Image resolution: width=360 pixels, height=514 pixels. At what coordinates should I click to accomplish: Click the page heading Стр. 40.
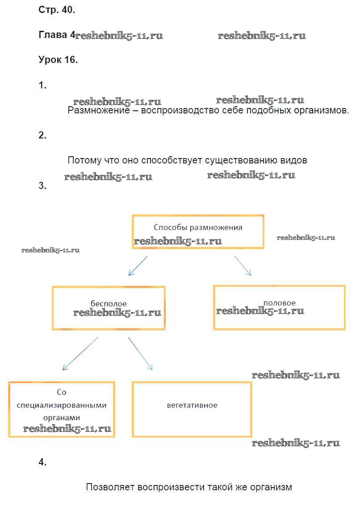pyautogui.click(x=57, y=10)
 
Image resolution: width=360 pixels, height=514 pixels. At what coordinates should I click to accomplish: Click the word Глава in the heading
pyautogui.click(x=52, y=34)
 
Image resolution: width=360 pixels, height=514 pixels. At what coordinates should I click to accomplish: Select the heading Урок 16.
pyautogui.click(x=58, y=60)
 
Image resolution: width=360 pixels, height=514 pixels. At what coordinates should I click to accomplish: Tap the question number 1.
pyautogui.click(x=42, y=85)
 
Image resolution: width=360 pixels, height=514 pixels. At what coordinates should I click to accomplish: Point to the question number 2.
pyautogui.click(x=42, y=135)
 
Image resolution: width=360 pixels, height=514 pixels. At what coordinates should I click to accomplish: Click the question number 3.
pyautogui.click(x=42, y=185)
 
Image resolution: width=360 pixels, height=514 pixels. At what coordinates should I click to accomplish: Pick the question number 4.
pyautogui.click(x=42, y=462)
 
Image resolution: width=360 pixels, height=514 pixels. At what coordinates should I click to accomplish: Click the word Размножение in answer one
pyautogui.click(x=99, y=110)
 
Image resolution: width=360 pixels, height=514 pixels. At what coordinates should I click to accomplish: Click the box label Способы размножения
pyautogui.click(x=198, y=227)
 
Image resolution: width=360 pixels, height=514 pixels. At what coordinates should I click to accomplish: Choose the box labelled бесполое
pyautogui.click(x=109, y=308)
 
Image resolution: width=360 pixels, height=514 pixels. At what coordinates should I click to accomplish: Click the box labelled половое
pyautogui.click(x=279, y=307)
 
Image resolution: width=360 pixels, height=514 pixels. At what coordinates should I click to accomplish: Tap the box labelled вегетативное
pyautogui.click(x=192, y=409)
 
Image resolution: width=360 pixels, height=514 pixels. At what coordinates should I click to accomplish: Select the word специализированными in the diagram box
pyautogui.click(x=62, y=405)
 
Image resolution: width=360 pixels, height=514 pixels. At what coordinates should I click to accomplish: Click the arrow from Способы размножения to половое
pyautogui.click(x=243, y=266)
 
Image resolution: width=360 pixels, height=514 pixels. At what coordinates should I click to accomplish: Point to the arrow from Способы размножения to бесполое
pyautogui.click(x=138, y=266)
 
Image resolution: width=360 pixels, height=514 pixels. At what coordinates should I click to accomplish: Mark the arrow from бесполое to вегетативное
pyautogui.click(x=140, y=354)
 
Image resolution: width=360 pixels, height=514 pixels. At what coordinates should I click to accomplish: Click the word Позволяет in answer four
pyautogui.click(x=110, y=487)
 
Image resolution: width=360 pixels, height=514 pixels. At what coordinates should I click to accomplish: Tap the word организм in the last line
pyautogui.click(x=271, y=488)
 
